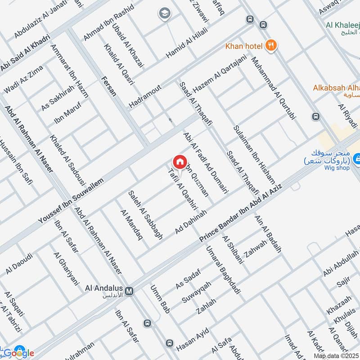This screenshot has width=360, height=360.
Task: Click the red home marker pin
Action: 179,162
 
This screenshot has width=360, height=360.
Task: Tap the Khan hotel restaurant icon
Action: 270,45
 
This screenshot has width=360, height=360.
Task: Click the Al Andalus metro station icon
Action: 130,291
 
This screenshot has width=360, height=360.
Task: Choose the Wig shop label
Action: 337,168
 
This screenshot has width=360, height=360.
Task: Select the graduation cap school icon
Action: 164,14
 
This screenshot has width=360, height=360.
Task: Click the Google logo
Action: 19,353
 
